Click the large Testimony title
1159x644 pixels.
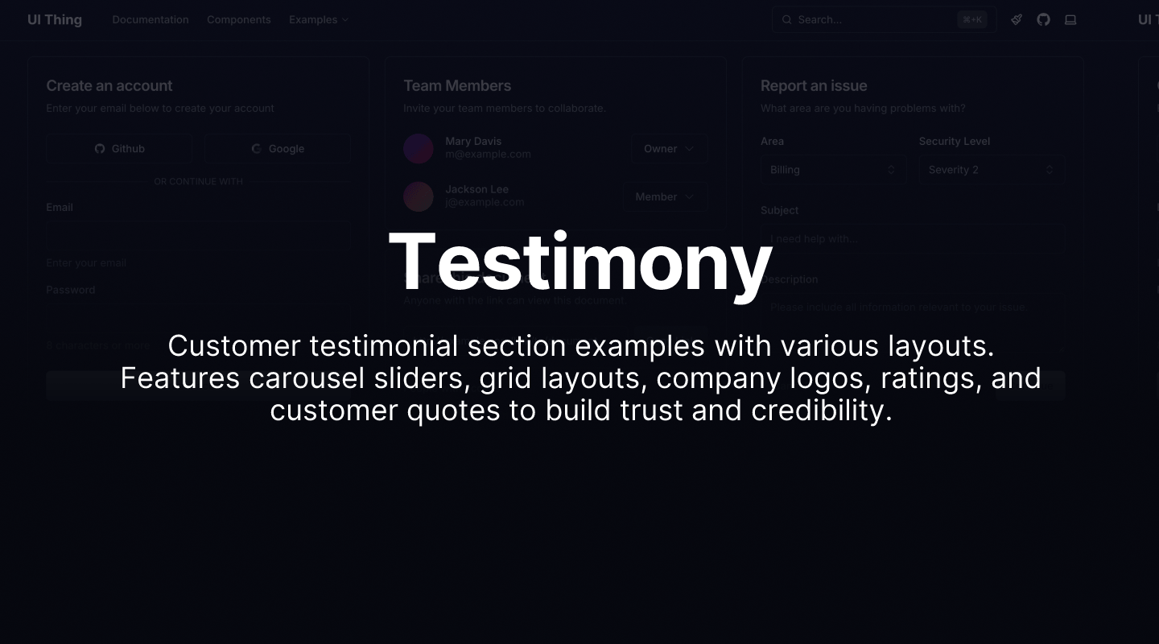(x=580, y=262)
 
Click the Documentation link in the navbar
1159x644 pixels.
(x=151, y=19)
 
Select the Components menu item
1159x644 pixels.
(x=238, y=19)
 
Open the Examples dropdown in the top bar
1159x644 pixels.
(x=318, y=19)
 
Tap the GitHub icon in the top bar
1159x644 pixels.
(x=1043, y=19)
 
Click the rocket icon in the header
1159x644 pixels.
(x=1017, y=19)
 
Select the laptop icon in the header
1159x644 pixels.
(x=1070, y=19)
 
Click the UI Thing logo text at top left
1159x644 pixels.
(x=55, y=19)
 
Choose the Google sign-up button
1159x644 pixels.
(x=277, y=148)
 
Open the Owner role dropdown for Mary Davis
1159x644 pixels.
(x=669, y=148)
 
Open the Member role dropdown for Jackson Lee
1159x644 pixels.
(x=665, y=196)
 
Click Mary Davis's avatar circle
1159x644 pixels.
(x=419, y=148)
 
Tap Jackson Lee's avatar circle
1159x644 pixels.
(x=419, y=196)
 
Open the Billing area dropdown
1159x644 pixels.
(x=832, y=170)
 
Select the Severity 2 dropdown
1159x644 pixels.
(x=991, y=170)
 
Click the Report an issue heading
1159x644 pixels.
(x=814, y=85)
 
